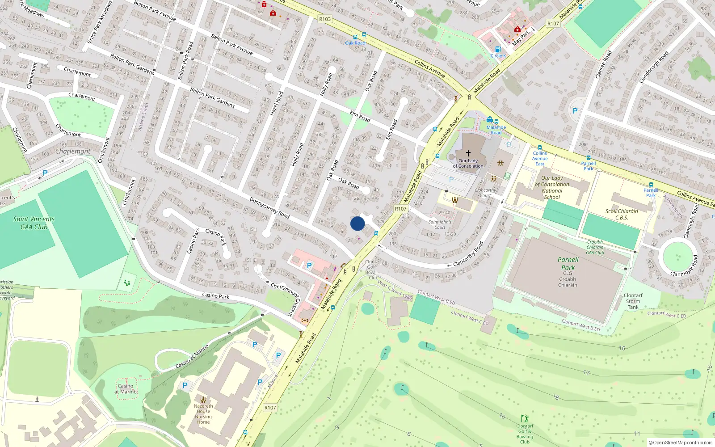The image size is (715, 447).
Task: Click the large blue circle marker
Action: (x=357, y=223)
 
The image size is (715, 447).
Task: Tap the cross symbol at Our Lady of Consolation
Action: (x=468, y=153)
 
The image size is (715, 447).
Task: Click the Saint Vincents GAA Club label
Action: (x=34, y=223)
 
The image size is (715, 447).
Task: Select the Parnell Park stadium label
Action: (x=568, y=264)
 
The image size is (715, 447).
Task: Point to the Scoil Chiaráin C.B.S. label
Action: (x=622, y=215)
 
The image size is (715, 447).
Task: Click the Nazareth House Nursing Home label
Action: (x=203, y=414)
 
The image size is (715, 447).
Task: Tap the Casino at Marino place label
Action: (x=126, y=389)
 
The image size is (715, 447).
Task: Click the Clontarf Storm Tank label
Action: (x=633, y=301)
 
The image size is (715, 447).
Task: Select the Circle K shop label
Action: (x=498, y=56)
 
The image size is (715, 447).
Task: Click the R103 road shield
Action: (x=325, y=19)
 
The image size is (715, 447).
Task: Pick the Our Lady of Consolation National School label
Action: (x=552, y=187)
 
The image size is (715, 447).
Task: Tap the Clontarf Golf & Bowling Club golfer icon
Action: (x=525, y=418)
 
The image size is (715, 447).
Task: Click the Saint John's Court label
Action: (x=440, y=224)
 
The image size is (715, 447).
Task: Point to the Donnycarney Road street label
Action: (x=269, y=208)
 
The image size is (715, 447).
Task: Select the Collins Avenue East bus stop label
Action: (x=540, y=158)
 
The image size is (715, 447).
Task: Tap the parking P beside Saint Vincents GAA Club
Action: (x=45, y=173)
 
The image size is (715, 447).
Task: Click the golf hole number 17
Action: (x=586, y=372)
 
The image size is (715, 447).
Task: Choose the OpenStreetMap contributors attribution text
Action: (x=681, y=443)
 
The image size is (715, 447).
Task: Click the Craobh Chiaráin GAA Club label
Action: (x=595, y=247)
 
